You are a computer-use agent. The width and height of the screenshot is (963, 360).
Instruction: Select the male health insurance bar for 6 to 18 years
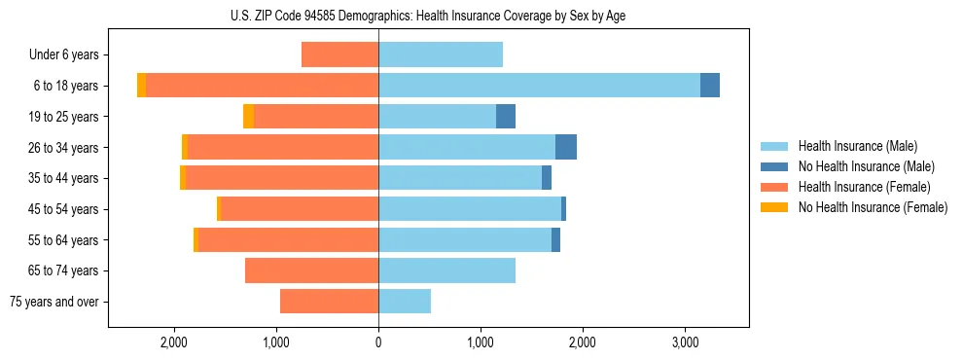point(539,86)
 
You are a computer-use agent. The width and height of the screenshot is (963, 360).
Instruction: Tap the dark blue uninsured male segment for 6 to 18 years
point(710,86)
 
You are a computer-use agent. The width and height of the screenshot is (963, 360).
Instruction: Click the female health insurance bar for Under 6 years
point(339,54)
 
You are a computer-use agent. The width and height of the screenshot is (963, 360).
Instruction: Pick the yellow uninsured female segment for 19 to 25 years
point(249,117)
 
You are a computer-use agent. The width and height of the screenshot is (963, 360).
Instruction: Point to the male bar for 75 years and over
point(405,302)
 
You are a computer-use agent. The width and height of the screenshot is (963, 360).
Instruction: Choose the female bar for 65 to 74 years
point(311,270)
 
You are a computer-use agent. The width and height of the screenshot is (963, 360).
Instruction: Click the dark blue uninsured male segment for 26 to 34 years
point(566,147)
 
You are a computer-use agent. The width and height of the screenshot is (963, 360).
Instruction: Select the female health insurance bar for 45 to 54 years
point(300,209)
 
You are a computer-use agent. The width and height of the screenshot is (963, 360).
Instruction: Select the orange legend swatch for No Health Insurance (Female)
point(775,207)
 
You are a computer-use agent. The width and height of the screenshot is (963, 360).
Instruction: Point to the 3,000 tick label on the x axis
point(685,342)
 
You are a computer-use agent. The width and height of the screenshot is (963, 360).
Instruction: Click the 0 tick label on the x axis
point(378,342)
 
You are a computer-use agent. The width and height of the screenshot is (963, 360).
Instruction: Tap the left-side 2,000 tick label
point(174,342)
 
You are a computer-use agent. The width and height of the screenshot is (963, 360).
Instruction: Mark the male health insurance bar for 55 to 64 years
point(465,240)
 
